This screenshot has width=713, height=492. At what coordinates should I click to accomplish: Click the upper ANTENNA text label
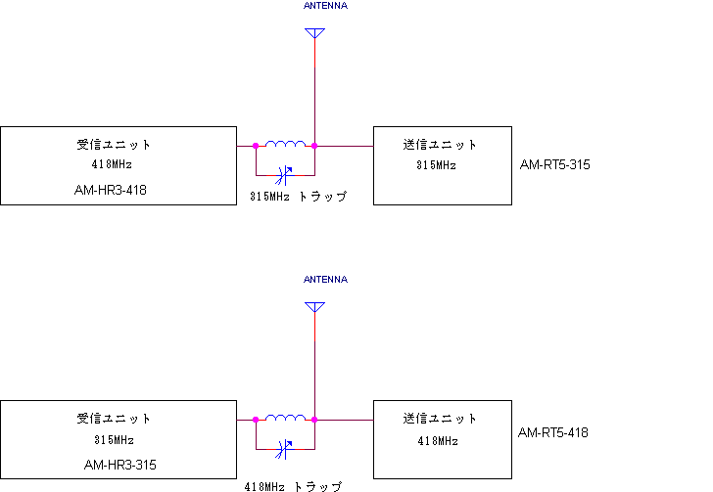coord(325,6)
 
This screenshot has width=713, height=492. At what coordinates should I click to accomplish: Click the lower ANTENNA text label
coord(325,280)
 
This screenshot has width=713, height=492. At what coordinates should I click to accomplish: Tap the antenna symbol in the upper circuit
coord(314,33)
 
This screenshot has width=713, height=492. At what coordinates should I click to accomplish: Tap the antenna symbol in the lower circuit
coord(314,307)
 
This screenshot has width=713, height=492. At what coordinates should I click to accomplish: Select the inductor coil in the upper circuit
coord(286,144)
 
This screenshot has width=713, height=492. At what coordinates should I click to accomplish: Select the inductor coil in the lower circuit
coord(286,418)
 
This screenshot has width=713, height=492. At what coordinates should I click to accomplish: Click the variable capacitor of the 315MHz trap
coord(284,175)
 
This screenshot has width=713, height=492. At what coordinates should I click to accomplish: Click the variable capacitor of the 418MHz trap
coord(284,449)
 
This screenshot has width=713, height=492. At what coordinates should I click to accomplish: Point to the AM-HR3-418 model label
coord(111,190)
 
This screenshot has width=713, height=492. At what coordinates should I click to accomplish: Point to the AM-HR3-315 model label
coord(120,465)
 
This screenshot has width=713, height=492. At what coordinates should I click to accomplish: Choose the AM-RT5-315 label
coord(554,164)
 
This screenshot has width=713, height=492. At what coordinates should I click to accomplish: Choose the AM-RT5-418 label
coord(553,432)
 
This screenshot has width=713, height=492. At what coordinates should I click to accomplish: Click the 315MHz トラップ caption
coord(299,197)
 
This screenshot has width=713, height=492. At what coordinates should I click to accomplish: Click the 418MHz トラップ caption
coord(293,486)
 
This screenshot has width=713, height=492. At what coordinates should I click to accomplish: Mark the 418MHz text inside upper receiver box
coord(112,164)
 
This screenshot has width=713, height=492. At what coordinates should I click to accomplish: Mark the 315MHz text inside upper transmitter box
coord(437,165)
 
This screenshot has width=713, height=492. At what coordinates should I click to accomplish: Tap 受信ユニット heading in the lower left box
coord(114,419)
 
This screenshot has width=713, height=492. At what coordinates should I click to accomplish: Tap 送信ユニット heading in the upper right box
coord(440,145)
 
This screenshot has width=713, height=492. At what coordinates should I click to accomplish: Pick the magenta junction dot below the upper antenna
coord(314,146)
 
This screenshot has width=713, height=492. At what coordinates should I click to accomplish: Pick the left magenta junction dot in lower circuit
coord(256,420)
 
